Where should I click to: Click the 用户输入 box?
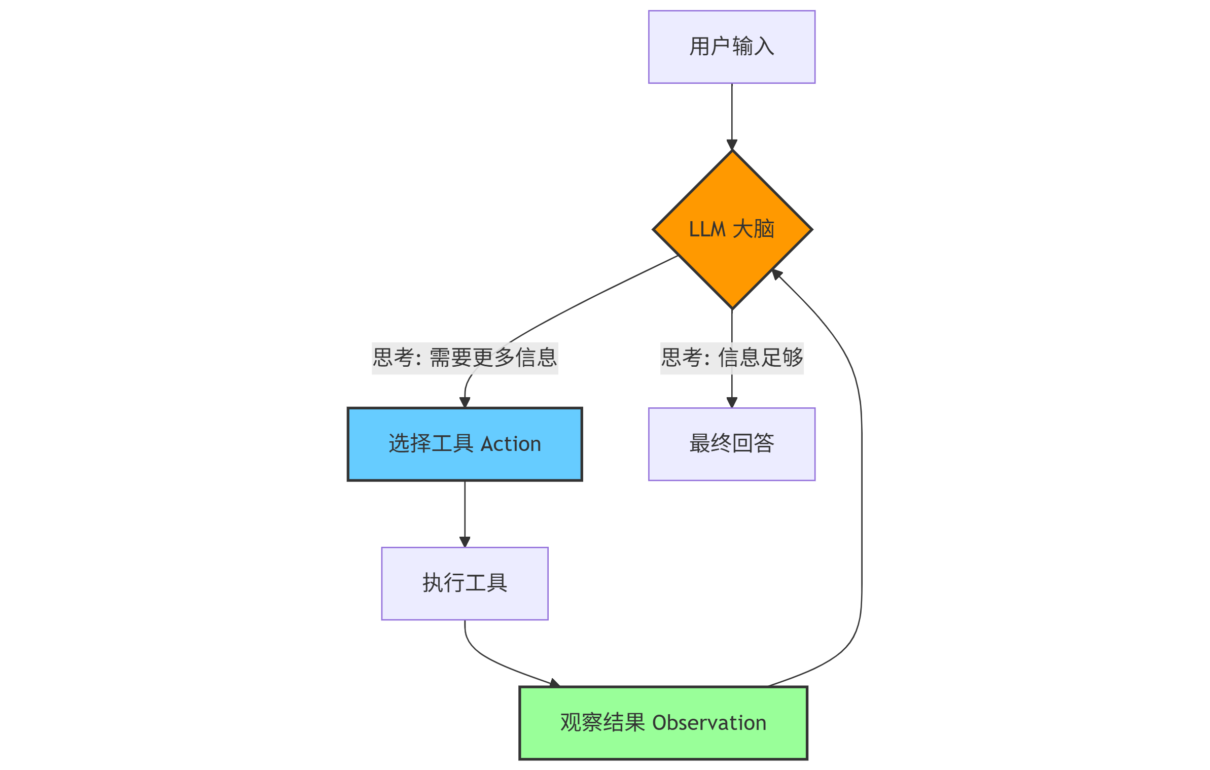click(x=731, y=47)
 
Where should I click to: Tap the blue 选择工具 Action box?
click(x=465, y=444)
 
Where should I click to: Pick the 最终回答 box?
click(x=731, y=444)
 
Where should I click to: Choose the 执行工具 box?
click(x=465, y=583)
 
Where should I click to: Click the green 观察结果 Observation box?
click(x=663, y=723)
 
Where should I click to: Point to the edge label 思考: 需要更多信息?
click(x=465, y=358)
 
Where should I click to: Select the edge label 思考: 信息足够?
click(x=731, y=358)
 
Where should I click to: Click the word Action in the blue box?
click(x=511, y=444)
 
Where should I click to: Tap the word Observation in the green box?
click(x=709, y=723)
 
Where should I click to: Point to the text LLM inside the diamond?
click(x=707, y=230)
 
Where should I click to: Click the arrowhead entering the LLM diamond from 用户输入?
click(x=732, y=145)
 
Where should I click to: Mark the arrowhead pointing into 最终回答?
click(x=732, y=403)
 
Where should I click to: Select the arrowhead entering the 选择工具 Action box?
click(x=465, y=403)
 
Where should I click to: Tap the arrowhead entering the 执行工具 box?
click(x=465, y=542)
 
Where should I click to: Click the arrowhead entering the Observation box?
click(x=555, y=683)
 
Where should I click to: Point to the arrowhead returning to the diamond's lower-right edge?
click(x=776, y=274)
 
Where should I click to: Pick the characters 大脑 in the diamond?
click(x=754, y=229)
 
